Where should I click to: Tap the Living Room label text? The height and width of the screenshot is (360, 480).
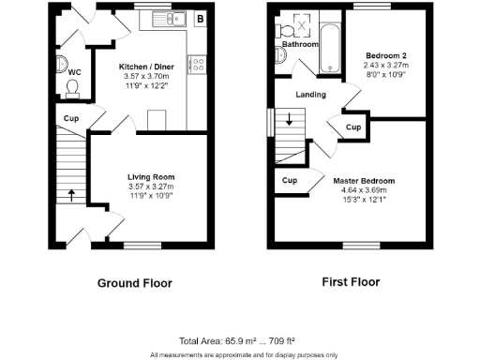click(x=151, y=176)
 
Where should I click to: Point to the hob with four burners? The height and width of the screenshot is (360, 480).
click(x=199, y=65)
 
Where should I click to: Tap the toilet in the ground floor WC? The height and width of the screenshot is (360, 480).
click(x=72, y=87)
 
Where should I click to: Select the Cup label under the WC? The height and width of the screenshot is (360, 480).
click(x=71, y=119)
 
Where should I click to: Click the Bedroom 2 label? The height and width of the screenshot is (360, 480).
click(x=384, y=56)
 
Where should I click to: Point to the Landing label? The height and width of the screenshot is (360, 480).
click(x=310, y=95)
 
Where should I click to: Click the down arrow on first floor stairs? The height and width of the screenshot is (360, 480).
click(x=290, y=119)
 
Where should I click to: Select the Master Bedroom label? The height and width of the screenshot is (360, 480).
click(x=364, y=180)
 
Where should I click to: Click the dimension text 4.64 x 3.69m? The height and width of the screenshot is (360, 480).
click(x=364, y=190)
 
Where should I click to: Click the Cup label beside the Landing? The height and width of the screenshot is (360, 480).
click(x=353, y=127)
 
